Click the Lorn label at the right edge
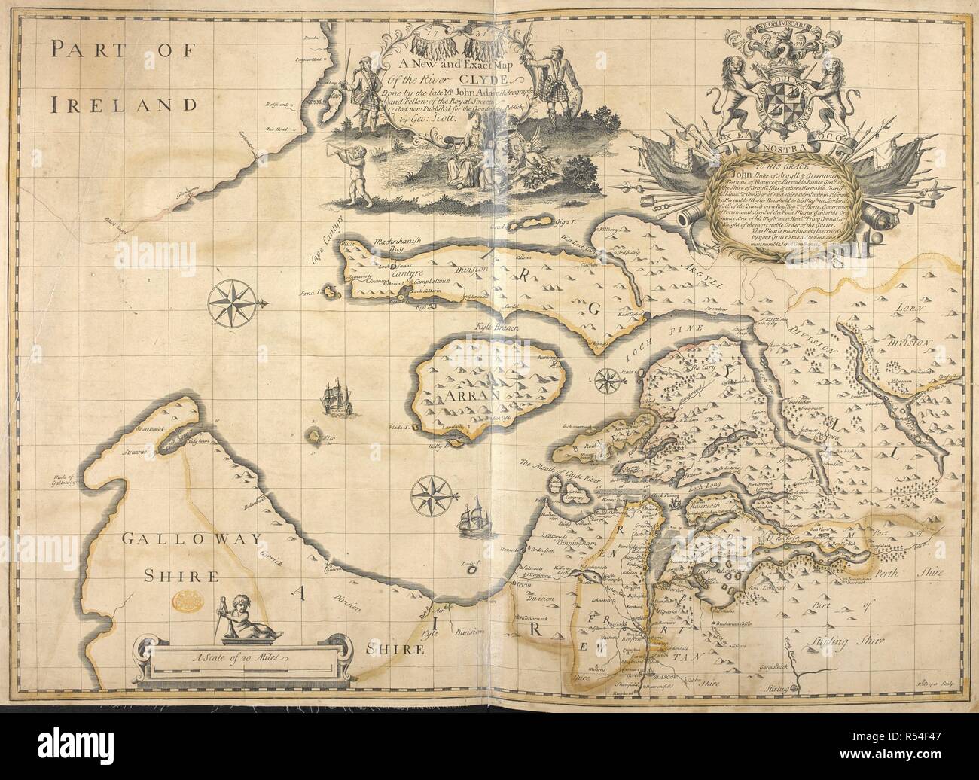click(915, 309)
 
